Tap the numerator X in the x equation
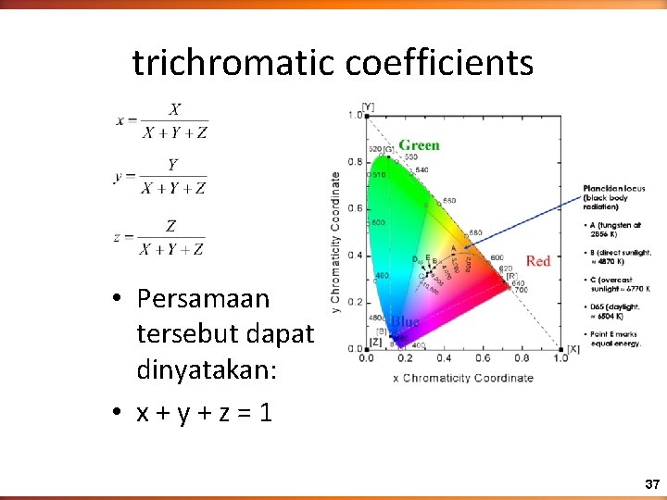(x=174, y=110)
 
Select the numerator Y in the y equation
(x=173, y=165)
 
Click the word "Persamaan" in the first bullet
(x=203, y=299)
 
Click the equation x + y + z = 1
(x=204, y=412)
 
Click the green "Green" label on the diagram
(x=419, y=145)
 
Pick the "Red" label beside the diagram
(x=538, y=261)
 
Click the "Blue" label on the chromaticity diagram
(x=404, y=321)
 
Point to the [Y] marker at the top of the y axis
(x=368, y=106)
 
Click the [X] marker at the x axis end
(x=573, y=348)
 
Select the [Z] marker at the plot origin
(x=375, y=342)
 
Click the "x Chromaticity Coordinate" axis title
(x=463, y=377)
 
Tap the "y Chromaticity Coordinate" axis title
(x=335, y=241)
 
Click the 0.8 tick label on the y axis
(x=355, y=162)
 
